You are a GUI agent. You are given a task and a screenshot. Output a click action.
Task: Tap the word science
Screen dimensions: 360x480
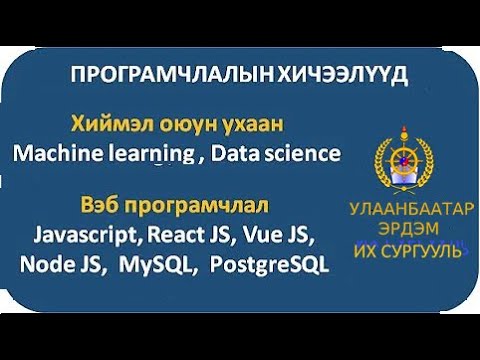point(299,153)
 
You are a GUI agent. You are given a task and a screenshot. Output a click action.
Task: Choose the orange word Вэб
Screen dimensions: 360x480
point(99,209)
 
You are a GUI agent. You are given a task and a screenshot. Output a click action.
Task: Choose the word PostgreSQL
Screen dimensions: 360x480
point(271,267)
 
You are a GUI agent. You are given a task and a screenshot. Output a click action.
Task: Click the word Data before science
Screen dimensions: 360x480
point(236,153)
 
